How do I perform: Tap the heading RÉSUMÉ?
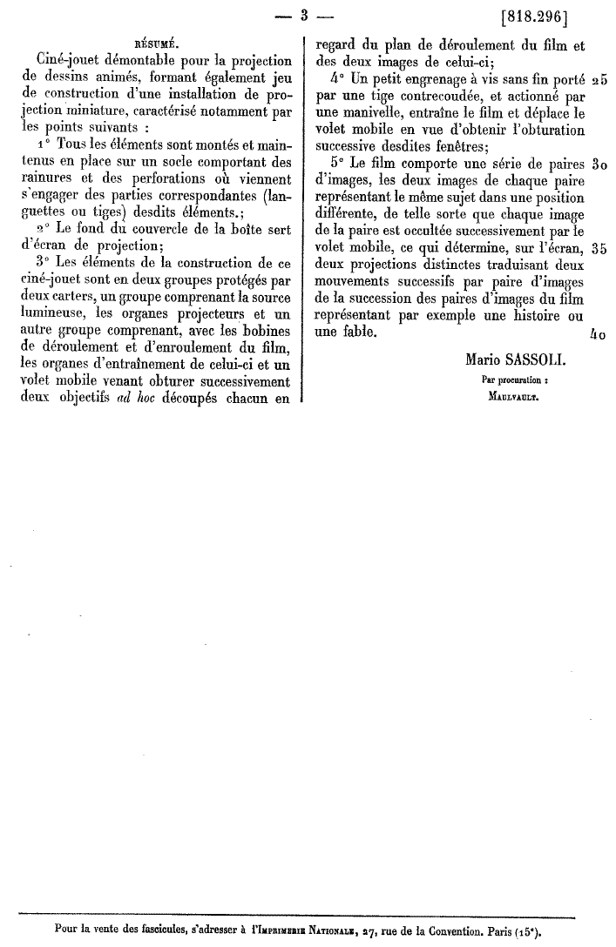pyautogui.click(x=158, y=40)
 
